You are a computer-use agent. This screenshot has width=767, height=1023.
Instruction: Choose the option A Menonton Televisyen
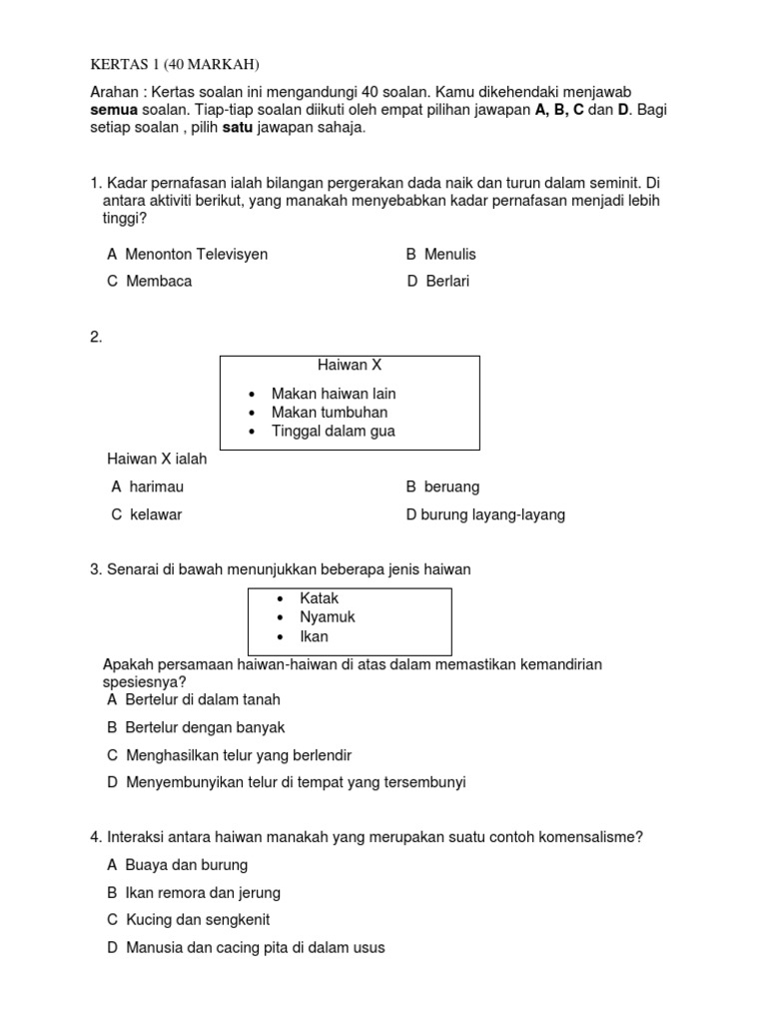coord(188,255)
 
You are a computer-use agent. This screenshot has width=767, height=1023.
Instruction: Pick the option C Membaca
coord(150,281)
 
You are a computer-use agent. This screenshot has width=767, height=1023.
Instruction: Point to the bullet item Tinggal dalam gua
coord(334,431)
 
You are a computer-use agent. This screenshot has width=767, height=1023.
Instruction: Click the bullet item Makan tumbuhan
coord(330,412)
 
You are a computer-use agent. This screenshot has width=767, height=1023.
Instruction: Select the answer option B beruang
coord(442,487)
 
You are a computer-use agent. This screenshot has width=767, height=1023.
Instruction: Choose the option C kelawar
coord(147,514)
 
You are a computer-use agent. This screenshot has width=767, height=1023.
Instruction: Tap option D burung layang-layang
coord(485,514)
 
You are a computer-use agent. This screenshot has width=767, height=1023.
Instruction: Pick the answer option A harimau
coord(148,487)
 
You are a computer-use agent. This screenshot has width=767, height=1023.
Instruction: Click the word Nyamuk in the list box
coord(328,617)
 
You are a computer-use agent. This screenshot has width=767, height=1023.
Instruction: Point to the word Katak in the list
coord(320,598)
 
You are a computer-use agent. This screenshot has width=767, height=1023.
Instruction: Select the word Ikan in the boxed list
coord(314,636)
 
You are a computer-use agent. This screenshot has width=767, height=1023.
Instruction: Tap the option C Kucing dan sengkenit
coord(189,920)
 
